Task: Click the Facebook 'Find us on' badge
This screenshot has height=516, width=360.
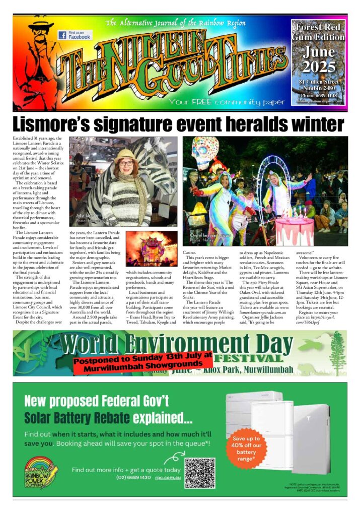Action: point(74,35)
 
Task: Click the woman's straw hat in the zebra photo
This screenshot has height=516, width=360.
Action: point(126,155)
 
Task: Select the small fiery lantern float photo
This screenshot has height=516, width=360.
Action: point(151,248)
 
